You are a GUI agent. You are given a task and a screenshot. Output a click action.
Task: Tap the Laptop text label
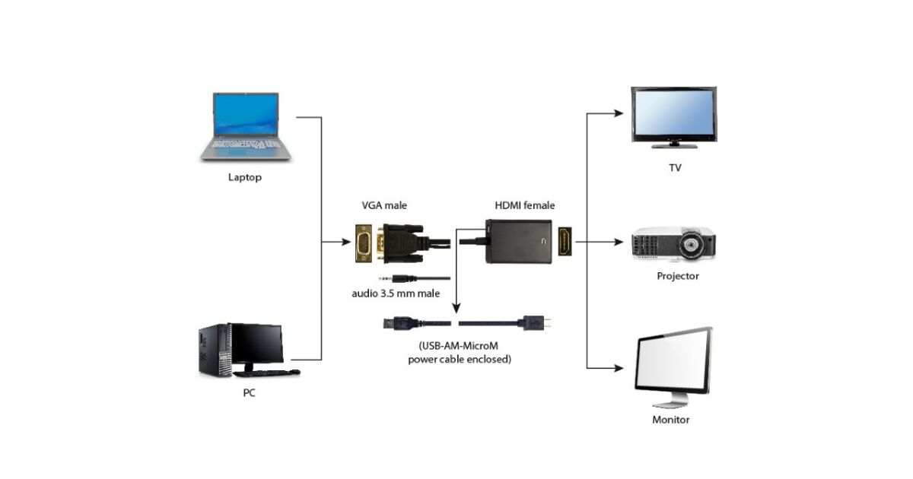pyautogui.click(x=245, y=178)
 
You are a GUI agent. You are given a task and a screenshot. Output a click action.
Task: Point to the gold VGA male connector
pyautogui.click(x=366, y=243)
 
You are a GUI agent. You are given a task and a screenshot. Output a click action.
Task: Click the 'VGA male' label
pyautogui.click(x=385, y=205)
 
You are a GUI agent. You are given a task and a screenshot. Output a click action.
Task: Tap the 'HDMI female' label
pyautogui.click(x=525, y=205)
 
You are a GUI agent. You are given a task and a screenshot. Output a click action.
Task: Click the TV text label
pyautogui.click(x=675, y=167)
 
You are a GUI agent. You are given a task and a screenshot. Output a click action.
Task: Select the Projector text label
pyautogui.click(x=677, y=276)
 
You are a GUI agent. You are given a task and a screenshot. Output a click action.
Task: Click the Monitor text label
pyautogui.click(x=671, y=420)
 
